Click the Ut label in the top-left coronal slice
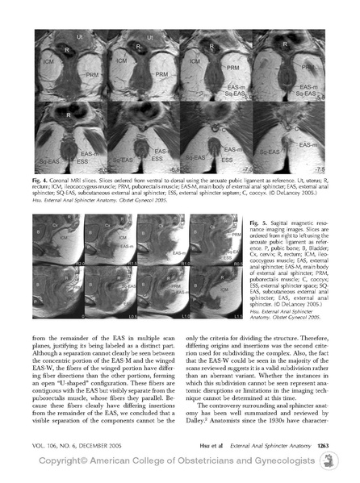coord(59,37)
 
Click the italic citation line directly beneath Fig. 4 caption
coord(89,202)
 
